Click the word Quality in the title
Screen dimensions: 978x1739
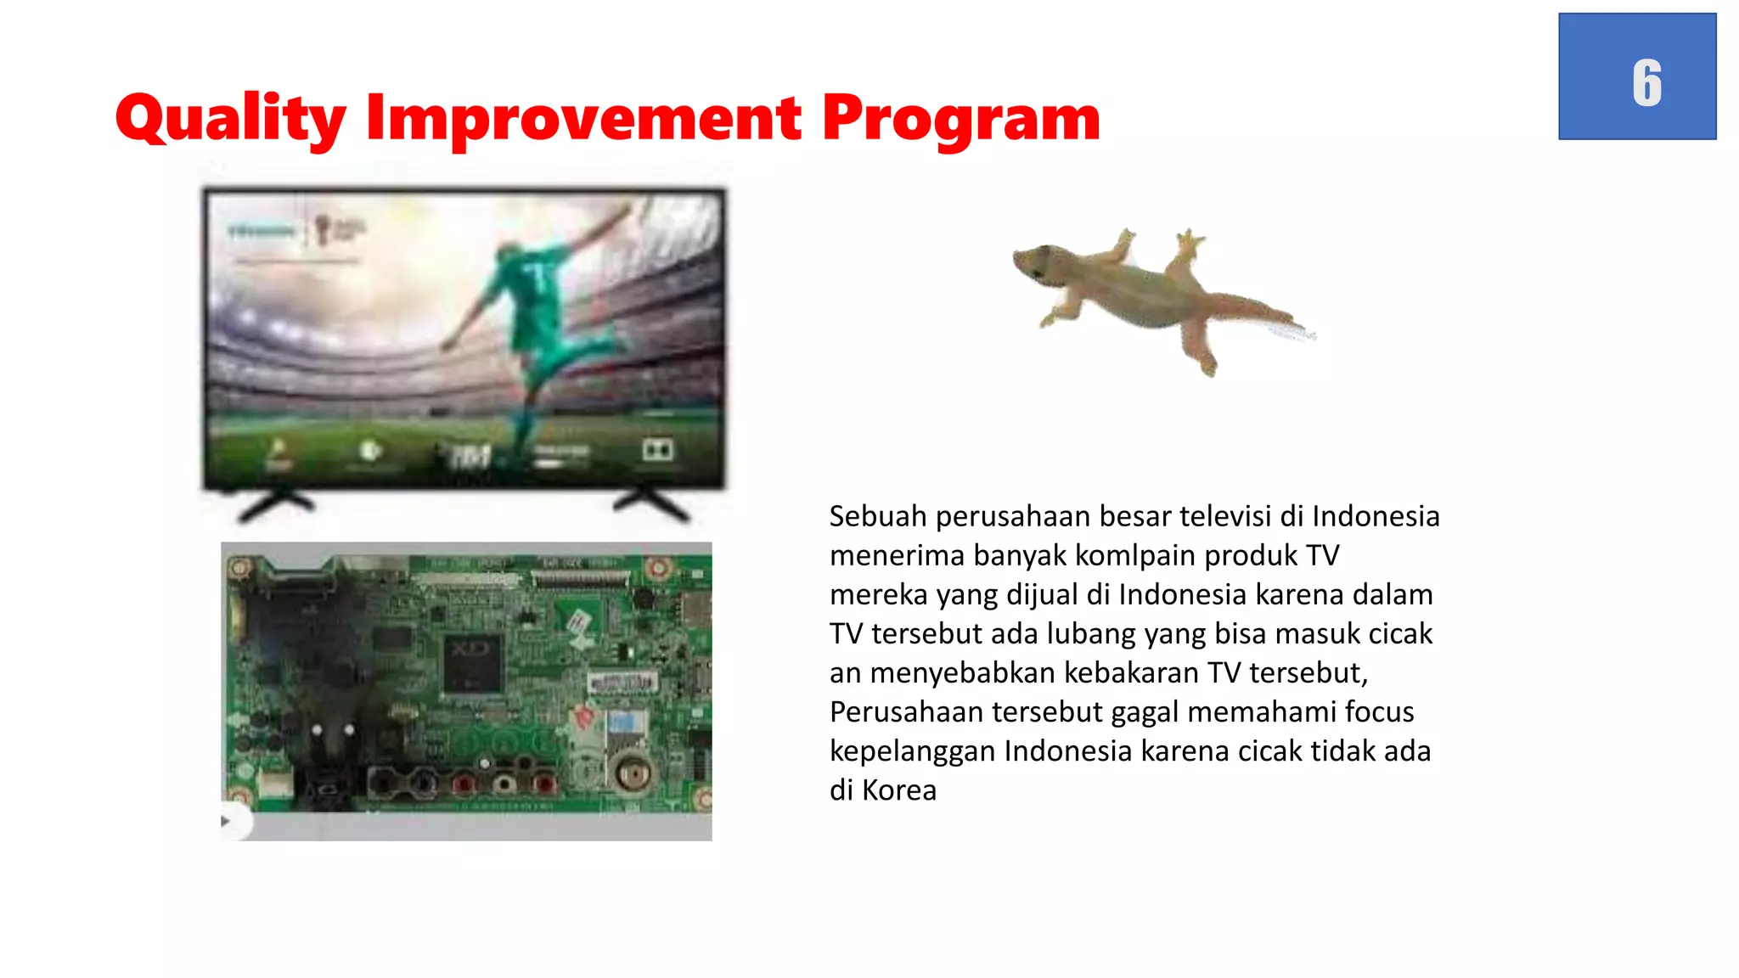click(x=230, y=119)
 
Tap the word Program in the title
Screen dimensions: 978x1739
click(x=960, y=119)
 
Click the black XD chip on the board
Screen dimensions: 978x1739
click(x=472, y=663)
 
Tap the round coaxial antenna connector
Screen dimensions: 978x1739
click(x=631, y=773)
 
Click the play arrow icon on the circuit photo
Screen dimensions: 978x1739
click(x=226, y=821)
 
